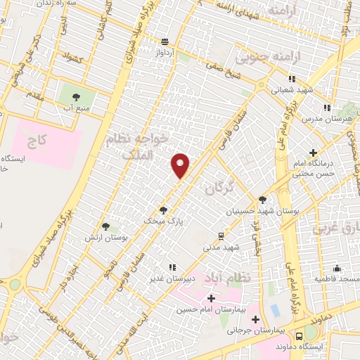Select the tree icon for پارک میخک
(x=163, y=210)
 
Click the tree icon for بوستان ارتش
(x=105, y=226)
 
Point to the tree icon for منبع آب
(x=75, y=98)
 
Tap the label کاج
(x=36, y=141)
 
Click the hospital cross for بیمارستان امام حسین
(x=210, y=299)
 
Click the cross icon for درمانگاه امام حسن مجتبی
(x=313, y=153)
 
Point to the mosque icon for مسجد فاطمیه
(x=337, y=268)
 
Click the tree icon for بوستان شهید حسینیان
(x=262, y=199)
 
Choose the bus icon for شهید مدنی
(x=221, y=236)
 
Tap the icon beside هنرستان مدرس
(x=326, y=108)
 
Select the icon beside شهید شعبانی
(x=291, y=79)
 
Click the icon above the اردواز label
(x=165, y=41)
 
